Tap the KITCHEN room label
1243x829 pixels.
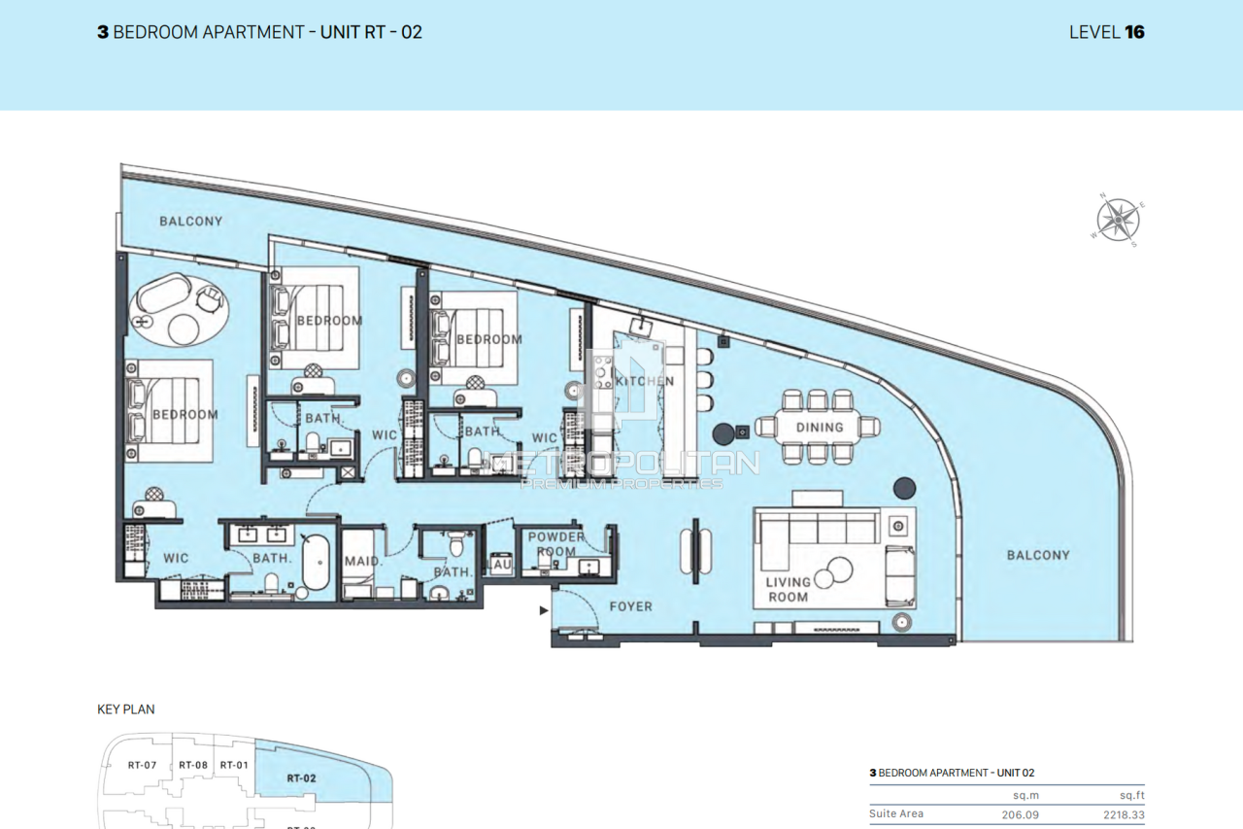(x=644, y=381)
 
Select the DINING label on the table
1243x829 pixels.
(x=820, y=428)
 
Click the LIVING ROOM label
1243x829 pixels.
(x=788, y=590)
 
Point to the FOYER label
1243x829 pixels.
(x=630, y=606)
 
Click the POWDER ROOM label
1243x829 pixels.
(x=556, y=544)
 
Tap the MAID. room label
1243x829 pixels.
(x=362, y=562)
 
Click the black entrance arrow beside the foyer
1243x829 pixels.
(x=543, y=610)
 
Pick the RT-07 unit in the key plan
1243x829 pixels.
(x=142, y=765)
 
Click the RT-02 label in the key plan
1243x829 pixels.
(x=302, y=777)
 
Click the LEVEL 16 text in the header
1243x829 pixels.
(x=1106, y=32)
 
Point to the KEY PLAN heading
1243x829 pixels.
(x=126, y=709)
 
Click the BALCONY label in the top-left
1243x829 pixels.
(x=191, y=222)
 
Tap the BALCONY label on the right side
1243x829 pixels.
(x=1037, y=555)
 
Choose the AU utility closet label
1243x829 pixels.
(x=501, y=564)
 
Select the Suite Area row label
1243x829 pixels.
(x=896, y=813)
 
